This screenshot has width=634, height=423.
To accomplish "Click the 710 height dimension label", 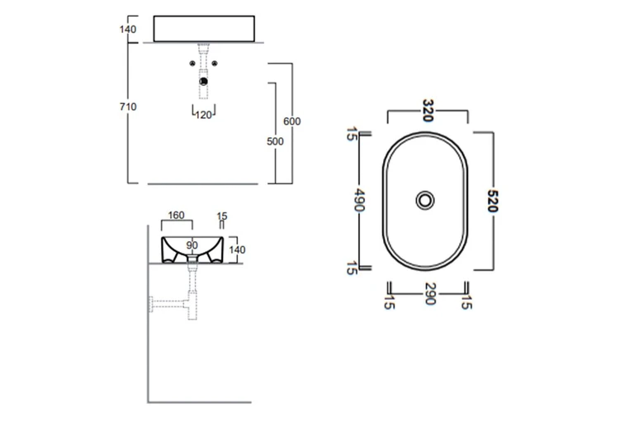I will point(127,107).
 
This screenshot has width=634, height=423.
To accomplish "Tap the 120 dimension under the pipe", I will point(204,115).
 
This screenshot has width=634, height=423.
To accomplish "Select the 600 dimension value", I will point(292,121).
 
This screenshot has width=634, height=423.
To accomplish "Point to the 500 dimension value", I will point(275,141).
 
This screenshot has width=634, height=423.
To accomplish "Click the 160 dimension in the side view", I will point(176,216).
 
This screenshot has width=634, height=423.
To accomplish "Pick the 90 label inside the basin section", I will point(192,245).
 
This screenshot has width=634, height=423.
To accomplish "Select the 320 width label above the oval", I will point(428,111).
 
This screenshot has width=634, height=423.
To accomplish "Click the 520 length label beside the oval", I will point(492,201).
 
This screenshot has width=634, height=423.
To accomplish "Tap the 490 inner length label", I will point(359,199).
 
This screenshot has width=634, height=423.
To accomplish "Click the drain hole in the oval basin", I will point(426,199).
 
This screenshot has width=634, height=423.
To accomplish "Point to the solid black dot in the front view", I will point(204,81).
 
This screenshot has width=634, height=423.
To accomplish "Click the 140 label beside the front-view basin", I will point(127,29).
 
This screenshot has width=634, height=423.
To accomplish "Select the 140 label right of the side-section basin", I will point(238,250).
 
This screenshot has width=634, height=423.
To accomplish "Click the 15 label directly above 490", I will point(352,134).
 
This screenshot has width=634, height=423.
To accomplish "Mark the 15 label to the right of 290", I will point(467,301).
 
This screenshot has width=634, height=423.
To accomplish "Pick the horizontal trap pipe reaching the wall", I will point(168,302).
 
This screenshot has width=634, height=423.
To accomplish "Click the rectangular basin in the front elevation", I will point(205,28).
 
